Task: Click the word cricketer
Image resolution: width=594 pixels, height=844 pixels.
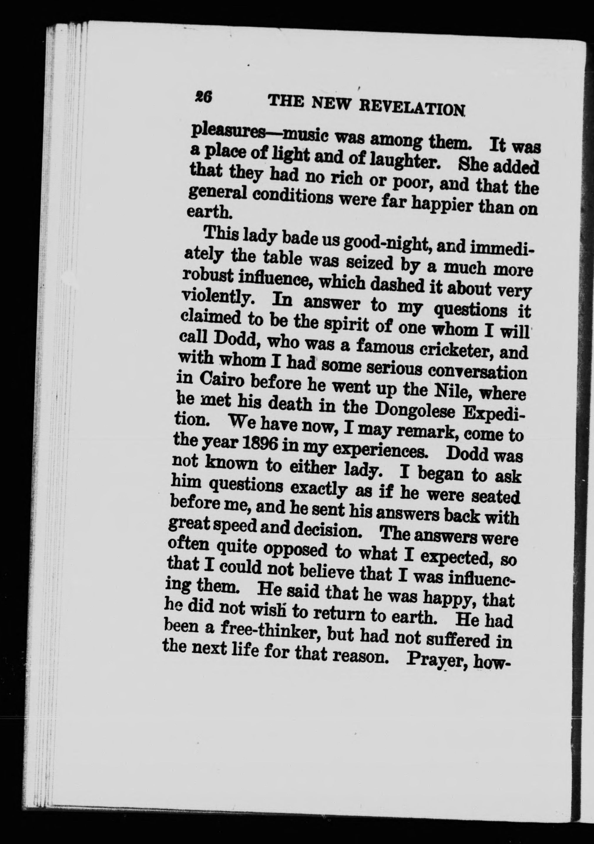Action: click(x=458, y=350)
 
